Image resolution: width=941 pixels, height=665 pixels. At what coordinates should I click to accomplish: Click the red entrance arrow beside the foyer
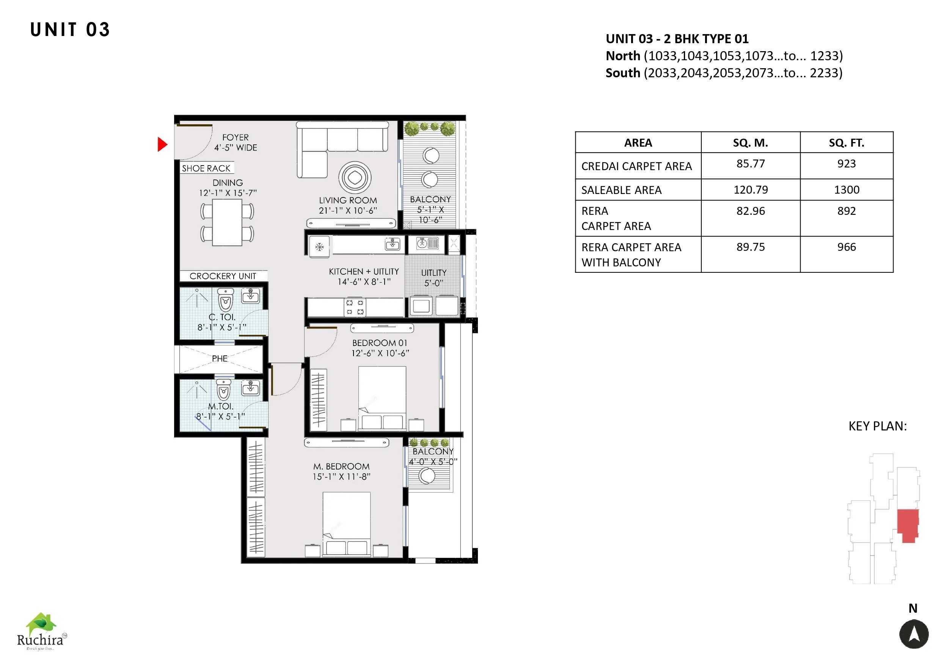(162, 144)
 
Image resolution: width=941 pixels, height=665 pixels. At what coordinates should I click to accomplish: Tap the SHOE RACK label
(206, 168)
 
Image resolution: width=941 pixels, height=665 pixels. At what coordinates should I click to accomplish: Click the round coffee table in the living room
(355, 178)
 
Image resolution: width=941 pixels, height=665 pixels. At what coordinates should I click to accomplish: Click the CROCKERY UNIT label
(223, 276)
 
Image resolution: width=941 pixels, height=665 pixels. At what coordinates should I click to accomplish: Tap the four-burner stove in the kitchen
(355, 307)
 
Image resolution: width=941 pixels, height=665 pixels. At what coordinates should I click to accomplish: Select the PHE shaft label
(220, 359)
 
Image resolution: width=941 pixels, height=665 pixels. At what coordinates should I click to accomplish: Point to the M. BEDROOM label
(341, 466)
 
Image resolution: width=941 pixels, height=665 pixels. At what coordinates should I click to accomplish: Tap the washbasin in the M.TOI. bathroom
(250, 387)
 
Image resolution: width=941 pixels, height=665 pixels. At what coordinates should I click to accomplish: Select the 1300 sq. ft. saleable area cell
(846, 189)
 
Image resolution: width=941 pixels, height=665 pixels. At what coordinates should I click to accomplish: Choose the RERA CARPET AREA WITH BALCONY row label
(631, 255)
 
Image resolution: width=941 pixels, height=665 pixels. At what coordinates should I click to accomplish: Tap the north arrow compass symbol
(914, 634)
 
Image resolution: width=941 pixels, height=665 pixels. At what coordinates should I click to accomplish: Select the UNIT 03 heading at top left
(70, 30)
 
